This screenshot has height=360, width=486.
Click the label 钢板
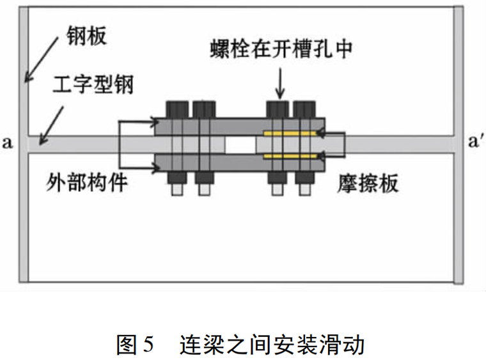87,36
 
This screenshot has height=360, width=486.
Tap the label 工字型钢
93,84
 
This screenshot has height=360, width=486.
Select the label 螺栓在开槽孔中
281,49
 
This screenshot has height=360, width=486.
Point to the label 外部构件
87,182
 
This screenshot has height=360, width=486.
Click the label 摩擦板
368,184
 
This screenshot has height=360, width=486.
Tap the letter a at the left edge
8,143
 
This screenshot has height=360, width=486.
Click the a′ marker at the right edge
476,141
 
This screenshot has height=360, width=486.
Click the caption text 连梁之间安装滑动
272,344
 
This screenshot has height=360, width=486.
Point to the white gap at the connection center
240,145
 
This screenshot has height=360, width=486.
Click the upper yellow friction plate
290,134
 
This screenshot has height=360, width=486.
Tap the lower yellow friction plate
290,156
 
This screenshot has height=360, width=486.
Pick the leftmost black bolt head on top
177,110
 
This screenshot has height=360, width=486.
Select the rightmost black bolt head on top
304,110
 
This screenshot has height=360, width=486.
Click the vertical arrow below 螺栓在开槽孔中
280,83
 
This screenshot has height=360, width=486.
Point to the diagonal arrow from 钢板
41,60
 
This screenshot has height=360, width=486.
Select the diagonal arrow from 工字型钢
51,126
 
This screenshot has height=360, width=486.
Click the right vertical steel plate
459,145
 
